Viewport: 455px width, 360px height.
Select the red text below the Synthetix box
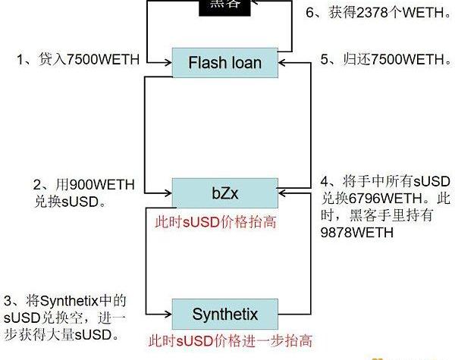pos(230,340)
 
